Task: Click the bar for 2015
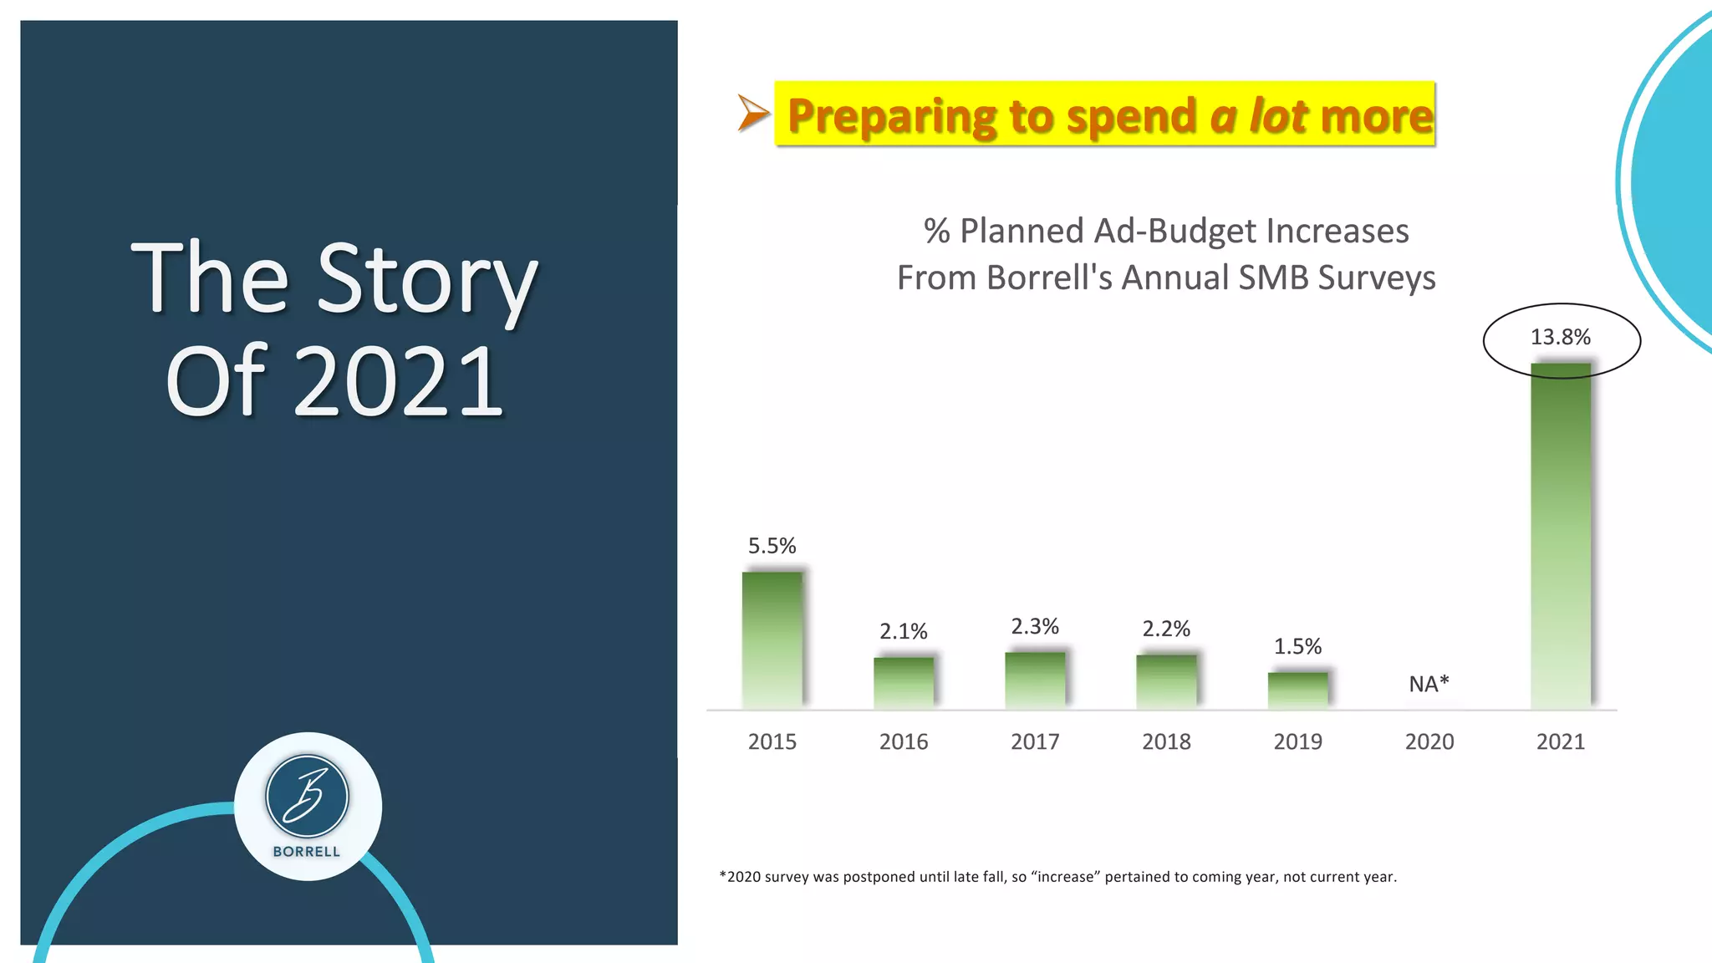tap(772, 640)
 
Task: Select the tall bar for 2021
tap(1560, 535)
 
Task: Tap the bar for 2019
tap(1297, 690)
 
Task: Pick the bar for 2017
tap(1035, 680)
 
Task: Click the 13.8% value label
tap(1560, 337)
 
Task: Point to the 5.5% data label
tap(772, 546)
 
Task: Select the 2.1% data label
tap(903, 631)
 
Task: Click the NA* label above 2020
tap(1429, 684)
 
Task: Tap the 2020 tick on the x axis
tap(1429, 741)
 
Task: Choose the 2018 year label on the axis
tap(1166, 741)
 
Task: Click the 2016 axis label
tap(903, 741)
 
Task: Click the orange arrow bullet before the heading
tap(752, 113)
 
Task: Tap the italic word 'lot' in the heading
tap(1279, 115)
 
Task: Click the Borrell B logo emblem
tap(307, 797)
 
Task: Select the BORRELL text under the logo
tap(307, 852)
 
